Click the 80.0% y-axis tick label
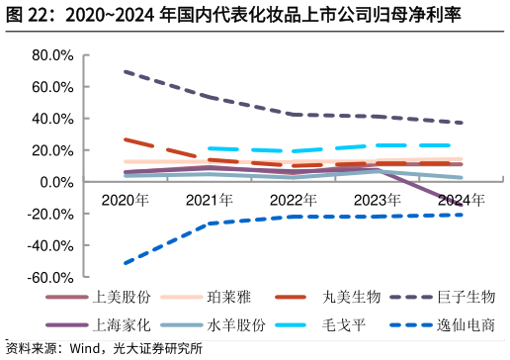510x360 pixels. (53, 55)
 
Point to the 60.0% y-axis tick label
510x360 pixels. (53, 87)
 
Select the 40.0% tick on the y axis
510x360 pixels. (53, 119)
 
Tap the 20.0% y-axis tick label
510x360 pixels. (53, 150)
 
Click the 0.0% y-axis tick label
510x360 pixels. (57, 182)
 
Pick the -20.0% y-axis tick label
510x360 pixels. (51, 214)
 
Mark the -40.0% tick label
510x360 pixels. (51, 245)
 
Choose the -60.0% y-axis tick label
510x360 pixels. (51, 278)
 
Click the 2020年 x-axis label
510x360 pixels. (126, 200)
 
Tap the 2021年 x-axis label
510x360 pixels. (210, 200)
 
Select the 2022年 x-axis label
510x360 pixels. (294, 200)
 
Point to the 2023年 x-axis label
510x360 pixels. (378, 200)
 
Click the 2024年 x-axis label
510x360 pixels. (462, 200)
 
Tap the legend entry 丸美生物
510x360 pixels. (352, 297)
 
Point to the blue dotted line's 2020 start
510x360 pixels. (126, 263)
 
